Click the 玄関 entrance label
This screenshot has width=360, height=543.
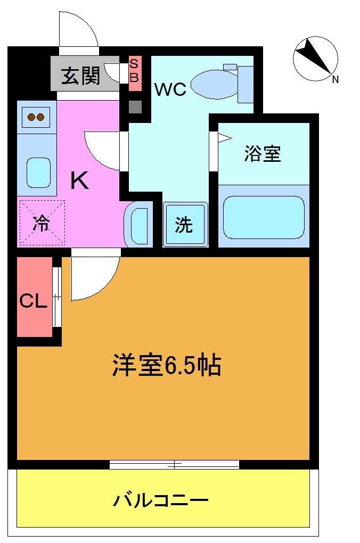[x=80, y=77]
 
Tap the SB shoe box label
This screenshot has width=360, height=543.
[x=134, y=70]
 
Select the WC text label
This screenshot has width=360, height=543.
[x=170, y=89]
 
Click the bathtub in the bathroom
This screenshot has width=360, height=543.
[x=264, y=217]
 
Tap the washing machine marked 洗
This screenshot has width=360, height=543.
[x=184, y=225]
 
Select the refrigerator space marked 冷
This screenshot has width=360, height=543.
[x=41, y=224]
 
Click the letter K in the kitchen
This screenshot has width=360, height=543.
[x=80, y=182]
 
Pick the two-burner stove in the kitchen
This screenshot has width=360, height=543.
[x=36, y=117]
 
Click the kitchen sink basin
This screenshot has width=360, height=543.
[x=38, y=171]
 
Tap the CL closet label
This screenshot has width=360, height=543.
[x=34, y=301]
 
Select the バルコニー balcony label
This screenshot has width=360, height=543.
[x=160, y=500]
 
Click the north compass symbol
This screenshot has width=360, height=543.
[x=315, y=59]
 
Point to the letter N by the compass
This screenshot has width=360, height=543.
[x=336, y=80]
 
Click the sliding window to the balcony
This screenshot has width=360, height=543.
[x=174, y=464]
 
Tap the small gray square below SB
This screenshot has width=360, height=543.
[x=135, y=106]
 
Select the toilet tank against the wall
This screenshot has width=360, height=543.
[x=246, y=84]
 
